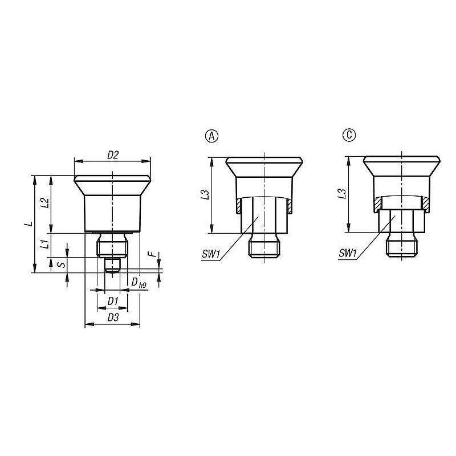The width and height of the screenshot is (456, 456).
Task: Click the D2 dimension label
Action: (x=113, y=155)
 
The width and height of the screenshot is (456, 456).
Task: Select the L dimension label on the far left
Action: (x=28, y=223)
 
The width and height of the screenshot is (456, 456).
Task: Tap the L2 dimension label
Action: (x=44, y=203)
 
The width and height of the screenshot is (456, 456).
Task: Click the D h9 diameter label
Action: (x=139, y=282)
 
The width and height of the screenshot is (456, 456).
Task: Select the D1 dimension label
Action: (x=112, y=302)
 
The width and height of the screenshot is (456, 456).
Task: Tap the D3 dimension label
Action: (x=113, y=317)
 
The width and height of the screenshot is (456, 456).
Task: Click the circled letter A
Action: (x=211, y=136)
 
